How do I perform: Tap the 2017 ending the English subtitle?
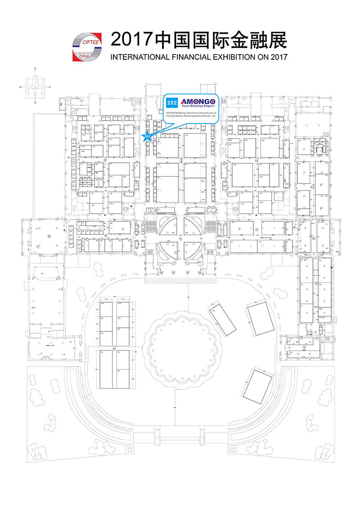coord(278,58)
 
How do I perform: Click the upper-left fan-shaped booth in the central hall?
coord(168,226)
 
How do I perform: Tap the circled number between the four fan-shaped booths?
coord(180,239)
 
